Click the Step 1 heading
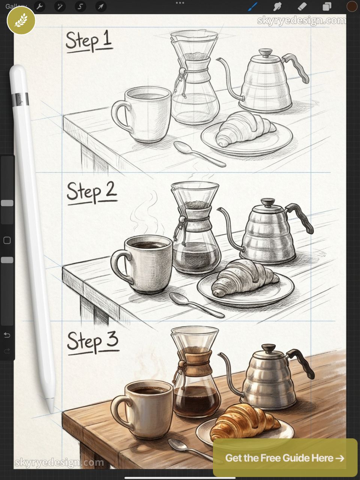[89, 41]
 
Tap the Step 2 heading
[91, 192]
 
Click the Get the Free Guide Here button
[285, 458]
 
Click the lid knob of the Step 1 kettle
[266, 52]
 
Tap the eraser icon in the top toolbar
[302, 6]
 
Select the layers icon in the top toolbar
[327, 6]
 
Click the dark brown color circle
[352, 6]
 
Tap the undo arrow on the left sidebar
[7, 335]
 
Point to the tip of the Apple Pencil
[51, 411]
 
